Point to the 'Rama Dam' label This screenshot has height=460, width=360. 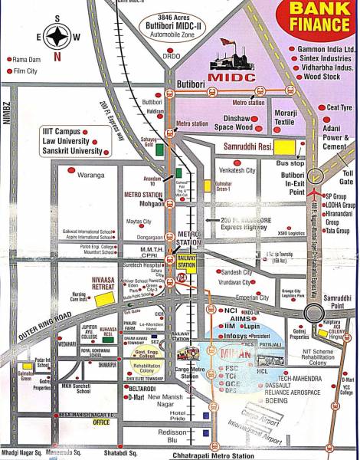pos(27,59)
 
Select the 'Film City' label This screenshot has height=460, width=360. pos(26,71)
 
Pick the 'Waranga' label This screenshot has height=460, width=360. pos(91,175)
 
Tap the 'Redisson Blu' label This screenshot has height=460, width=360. pos(183,435)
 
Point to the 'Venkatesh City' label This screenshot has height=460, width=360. pos(237,169)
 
